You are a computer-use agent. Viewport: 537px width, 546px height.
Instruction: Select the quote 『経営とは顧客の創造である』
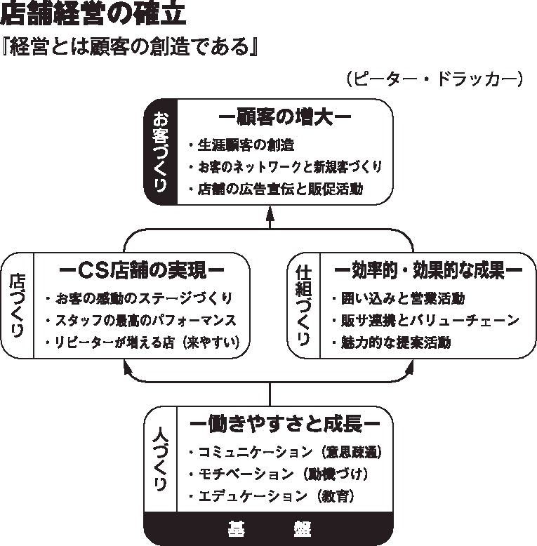131,48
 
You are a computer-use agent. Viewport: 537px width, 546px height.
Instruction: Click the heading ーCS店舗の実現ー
142,269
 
